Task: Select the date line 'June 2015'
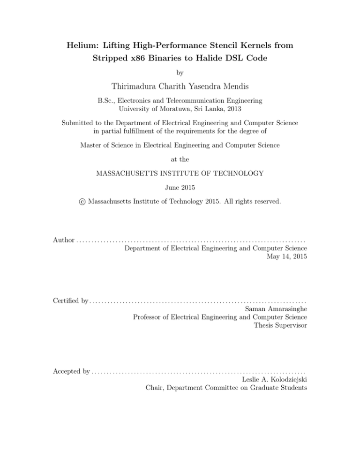click(x=180, y=187)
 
